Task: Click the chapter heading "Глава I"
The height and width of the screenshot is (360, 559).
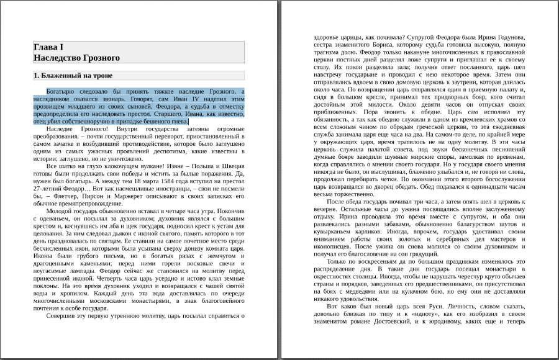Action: (x=48, y=47)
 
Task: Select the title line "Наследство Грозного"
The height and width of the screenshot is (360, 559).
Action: (x=76, y=58)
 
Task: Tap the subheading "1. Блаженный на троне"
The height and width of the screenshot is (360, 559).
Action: (x=73, y=76)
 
